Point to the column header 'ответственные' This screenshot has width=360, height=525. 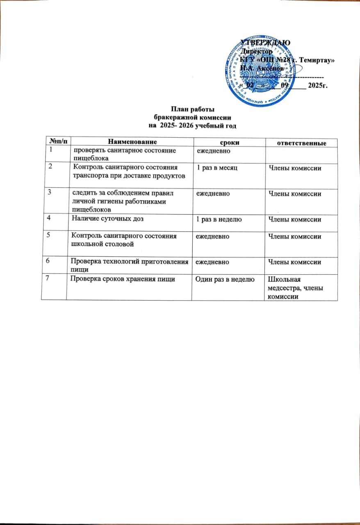[302, 143]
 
